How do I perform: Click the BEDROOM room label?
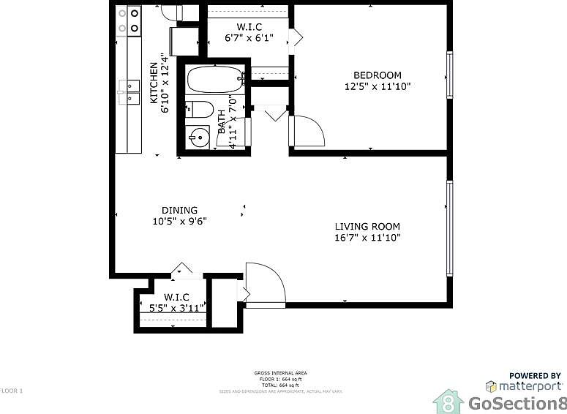(377, 75)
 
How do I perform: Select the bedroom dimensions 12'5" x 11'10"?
(377, 86)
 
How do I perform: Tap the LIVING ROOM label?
(367, 226)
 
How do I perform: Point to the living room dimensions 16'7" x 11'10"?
(367, 238)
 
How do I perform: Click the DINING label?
(179, 210)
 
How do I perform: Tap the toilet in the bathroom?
(198, 110)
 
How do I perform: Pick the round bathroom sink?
(198, 137)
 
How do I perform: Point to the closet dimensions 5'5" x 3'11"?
(176, 308)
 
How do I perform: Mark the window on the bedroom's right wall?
(450, 75)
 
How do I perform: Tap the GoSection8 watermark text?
(517, 404)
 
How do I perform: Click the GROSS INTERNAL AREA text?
(281, 373)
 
